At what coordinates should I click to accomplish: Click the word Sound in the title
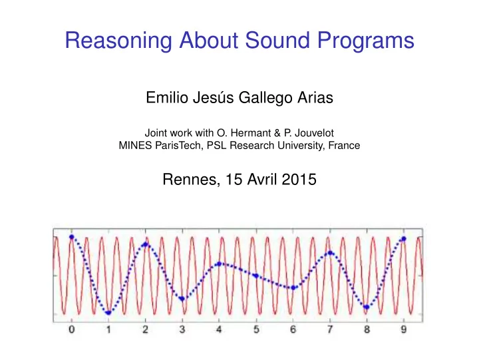point(277,40)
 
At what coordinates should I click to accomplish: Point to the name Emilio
point(167,98)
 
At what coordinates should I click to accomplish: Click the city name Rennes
point(191,180)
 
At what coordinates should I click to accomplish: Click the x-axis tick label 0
point(71,329)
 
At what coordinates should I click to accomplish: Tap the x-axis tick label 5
point(256,329)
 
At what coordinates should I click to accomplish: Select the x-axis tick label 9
point(404,329)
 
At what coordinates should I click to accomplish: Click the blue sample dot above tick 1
point(108,313)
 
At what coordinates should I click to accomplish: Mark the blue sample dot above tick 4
point(219,264)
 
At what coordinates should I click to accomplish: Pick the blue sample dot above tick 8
point(367,307)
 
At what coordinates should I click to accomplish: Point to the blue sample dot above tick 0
point(72,237)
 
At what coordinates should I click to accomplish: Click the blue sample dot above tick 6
point(293,287)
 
